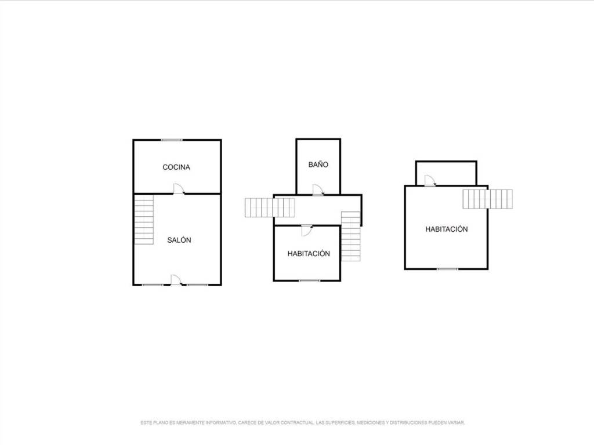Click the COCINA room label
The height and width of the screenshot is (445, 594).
[176, 167]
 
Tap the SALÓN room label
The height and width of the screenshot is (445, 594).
[179, 240]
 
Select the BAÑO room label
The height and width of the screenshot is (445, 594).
[318, 165]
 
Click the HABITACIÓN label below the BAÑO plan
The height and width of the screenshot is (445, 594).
[309, 254]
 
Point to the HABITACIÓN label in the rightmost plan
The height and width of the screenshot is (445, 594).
[446, 229]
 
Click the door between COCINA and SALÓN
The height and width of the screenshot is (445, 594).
[179, 189]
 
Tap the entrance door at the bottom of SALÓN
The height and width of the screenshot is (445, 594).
[176, 280]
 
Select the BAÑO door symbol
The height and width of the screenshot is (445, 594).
[318, 190]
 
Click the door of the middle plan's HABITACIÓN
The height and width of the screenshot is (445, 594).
[307, 231]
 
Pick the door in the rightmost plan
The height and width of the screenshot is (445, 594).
[430, 181]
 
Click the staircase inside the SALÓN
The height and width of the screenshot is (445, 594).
[144, 220]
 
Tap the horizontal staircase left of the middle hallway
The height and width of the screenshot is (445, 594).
[270, 208]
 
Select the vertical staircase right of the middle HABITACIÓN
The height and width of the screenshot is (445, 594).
[351, 236]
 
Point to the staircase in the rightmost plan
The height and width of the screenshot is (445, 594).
[487, 199]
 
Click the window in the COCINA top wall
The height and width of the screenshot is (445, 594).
[172, 140]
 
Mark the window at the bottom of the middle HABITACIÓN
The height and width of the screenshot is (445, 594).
[310, 281]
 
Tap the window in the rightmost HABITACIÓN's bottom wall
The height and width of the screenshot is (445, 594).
[447, 269]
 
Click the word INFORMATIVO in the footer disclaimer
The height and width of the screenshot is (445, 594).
[220, 422]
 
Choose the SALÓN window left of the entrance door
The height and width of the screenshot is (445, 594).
[153, 284]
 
